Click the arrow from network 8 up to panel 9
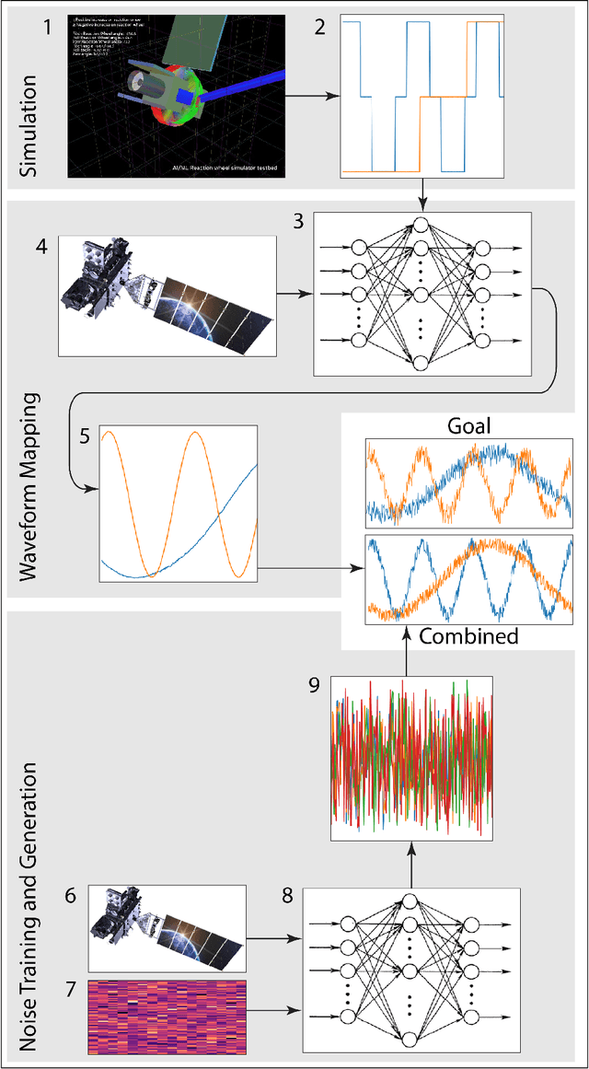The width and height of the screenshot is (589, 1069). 405,866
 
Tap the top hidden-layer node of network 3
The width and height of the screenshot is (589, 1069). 421,227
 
